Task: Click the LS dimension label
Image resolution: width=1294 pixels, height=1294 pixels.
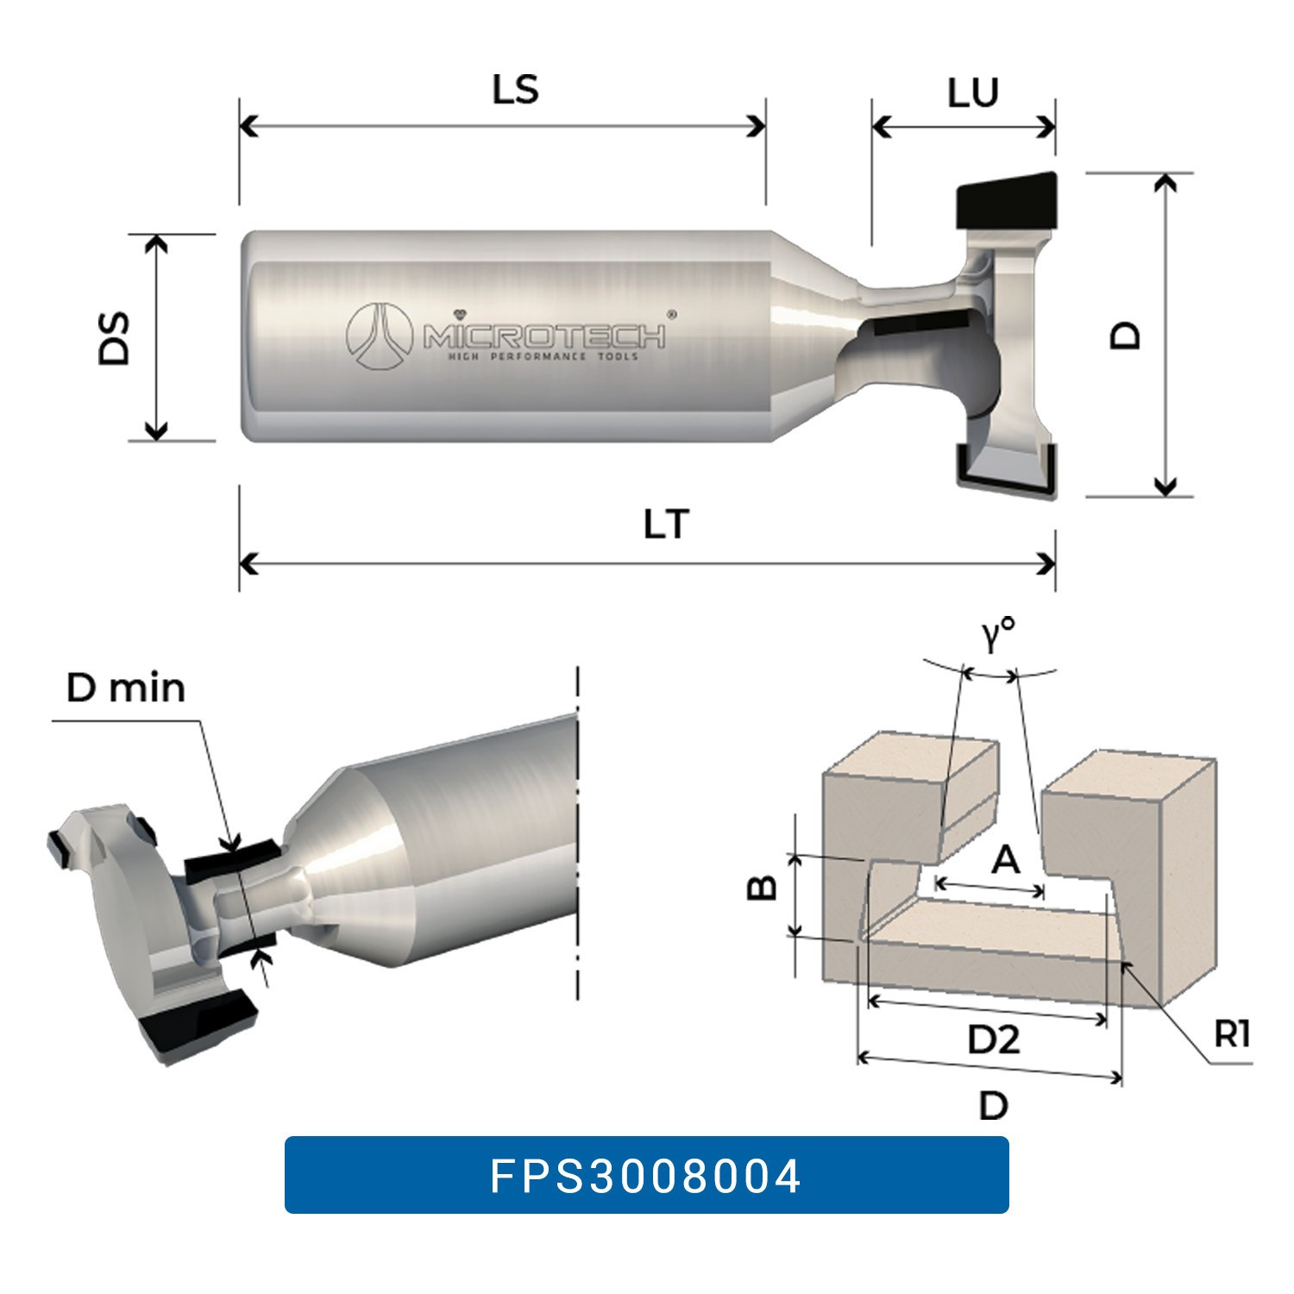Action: (515, 90)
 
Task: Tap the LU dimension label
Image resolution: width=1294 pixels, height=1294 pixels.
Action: (972, 93)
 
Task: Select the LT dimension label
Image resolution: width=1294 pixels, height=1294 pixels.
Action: (666, 525)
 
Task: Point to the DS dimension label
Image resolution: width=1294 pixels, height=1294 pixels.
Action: (115, 338)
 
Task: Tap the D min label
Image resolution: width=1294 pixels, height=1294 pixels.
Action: (126, 688)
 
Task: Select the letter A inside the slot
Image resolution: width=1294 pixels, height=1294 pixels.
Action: (1006, 859)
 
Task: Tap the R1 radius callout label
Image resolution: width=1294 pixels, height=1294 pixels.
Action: (1231, 1033)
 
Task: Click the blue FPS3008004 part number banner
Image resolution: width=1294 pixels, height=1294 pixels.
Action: (646, 1175)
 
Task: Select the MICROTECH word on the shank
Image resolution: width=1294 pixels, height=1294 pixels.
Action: (544, 335)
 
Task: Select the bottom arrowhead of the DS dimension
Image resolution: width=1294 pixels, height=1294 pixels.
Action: (156, 430)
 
